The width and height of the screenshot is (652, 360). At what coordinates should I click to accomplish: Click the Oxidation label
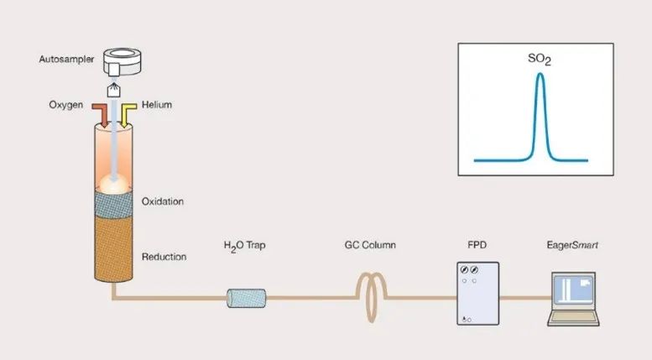point(163,201)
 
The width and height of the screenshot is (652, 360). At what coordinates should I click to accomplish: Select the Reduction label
point(164,256)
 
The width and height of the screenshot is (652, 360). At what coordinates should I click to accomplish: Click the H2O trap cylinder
point(246,298)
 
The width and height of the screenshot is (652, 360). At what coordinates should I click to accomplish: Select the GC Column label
point(370,246)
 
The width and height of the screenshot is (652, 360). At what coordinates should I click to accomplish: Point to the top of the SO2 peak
point(540,75)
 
